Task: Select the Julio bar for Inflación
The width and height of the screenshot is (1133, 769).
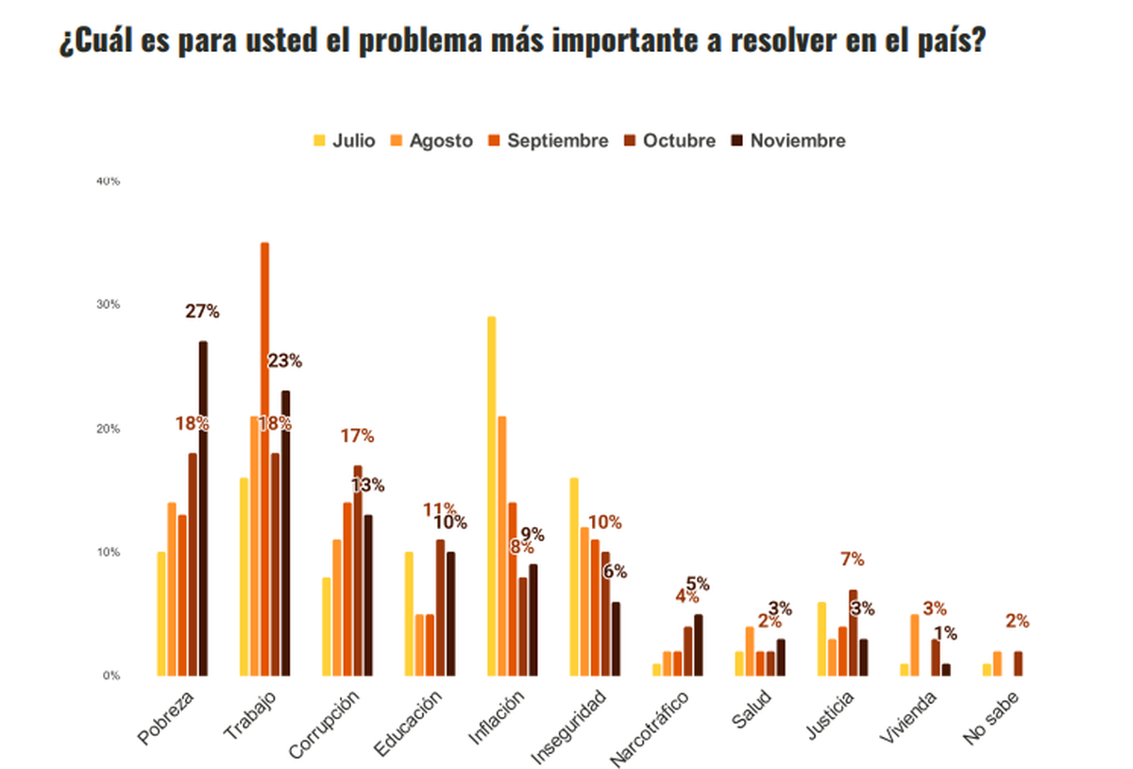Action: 491,496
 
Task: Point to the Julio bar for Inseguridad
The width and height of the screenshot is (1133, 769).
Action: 574,577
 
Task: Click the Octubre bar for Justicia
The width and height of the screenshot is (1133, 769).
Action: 853,633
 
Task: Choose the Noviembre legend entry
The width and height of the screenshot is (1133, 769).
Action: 789,141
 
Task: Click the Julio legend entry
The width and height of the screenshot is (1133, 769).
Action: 345,141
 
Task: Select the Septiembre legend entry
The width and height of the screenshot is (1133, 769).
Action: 549,141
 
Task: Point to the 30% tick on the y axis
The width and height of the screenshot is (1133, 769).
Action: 107,304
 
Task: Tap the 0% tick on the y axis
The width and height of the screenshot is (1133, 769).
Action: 110,675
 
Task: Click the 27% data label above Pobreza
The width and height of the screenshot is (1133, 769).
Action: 202,311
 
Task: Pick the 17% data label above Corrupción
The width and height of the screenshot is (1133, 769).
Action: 357,436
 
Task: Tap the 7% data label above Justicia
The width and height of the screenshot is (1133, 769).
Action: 853,559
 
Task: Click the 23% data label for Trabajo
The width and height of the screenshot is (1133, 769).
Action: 284,361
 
